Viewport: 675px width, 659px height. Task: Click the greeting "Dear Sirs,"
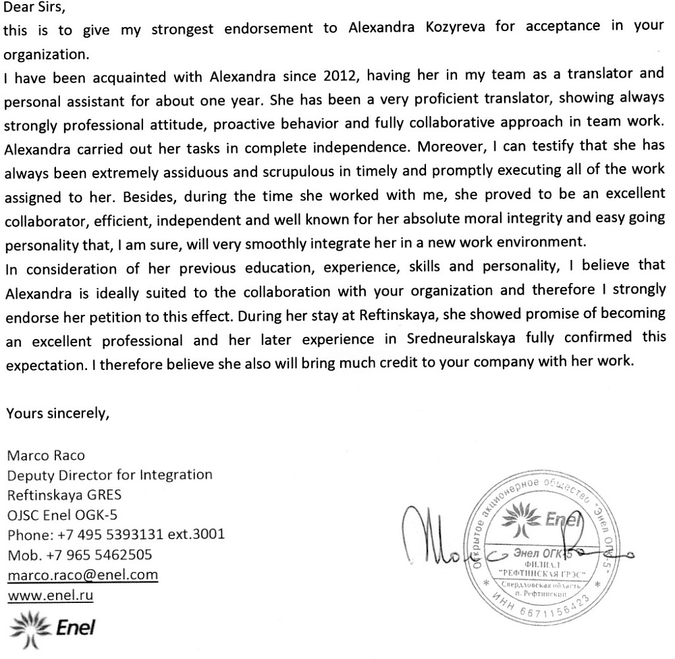[32, 9]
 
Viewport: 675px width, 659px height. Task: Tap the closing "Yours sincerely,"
[57, 413]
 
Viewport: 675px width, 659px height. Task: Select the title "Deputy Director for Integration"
[109, 475]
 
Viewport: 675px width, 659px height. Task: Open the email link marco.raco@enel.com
[82, 575]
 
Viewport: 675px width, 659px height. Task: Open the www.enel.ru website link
[49, 596]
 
